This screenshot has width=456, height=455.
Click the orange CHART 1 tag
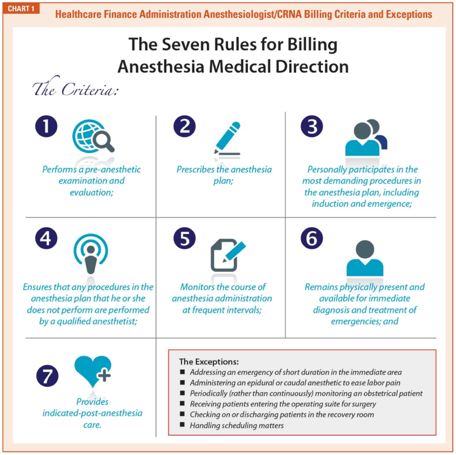coord(21,9)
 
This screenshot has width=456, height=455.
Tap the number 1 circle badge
coord(46,126)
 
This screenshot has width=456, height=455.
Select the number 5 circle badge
coord(185,238)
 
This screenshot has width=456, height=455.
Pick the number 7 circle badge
coord(47,376)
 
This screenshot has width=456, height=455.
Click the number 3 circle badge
coord(312,126)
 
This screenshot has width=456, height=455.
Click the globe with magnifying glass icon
coord(94,136)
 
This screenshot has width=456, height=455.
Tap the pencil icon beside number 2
coord(227,138)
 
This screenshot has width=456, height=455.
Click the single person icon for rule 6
coord(365,258)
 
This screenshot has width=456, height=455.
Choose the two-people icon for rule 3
coord(366,137)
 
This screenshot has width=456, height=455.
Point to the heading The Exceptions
coord(209,362)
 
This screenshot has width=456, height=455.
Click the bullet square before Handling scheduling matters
coord(182,425)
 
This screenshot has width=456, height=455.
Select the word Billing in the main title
coord(312,45)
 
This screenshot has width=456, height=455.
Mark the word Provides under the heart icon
coord(92,402)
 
